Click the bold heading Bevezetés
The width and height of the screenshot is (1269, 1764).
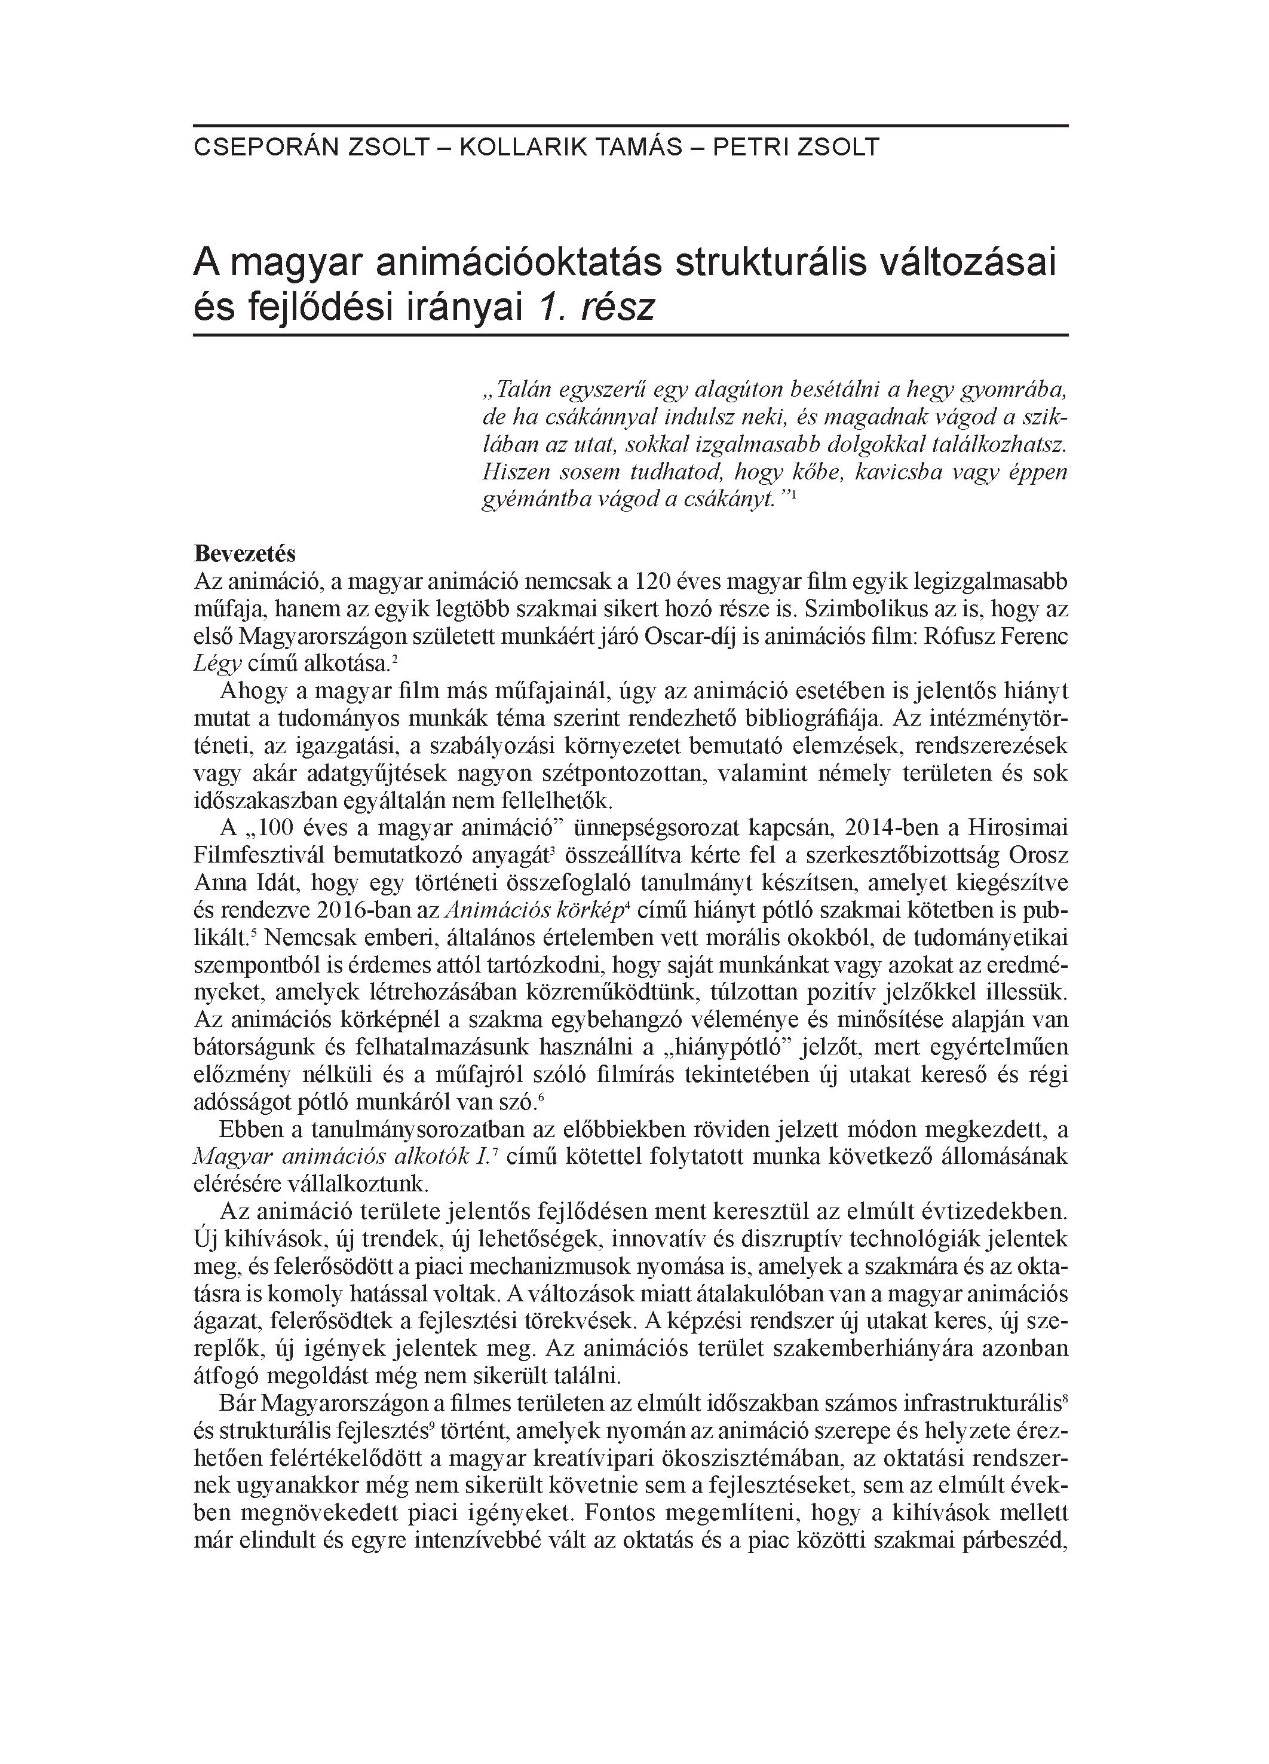coord(245,555)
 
